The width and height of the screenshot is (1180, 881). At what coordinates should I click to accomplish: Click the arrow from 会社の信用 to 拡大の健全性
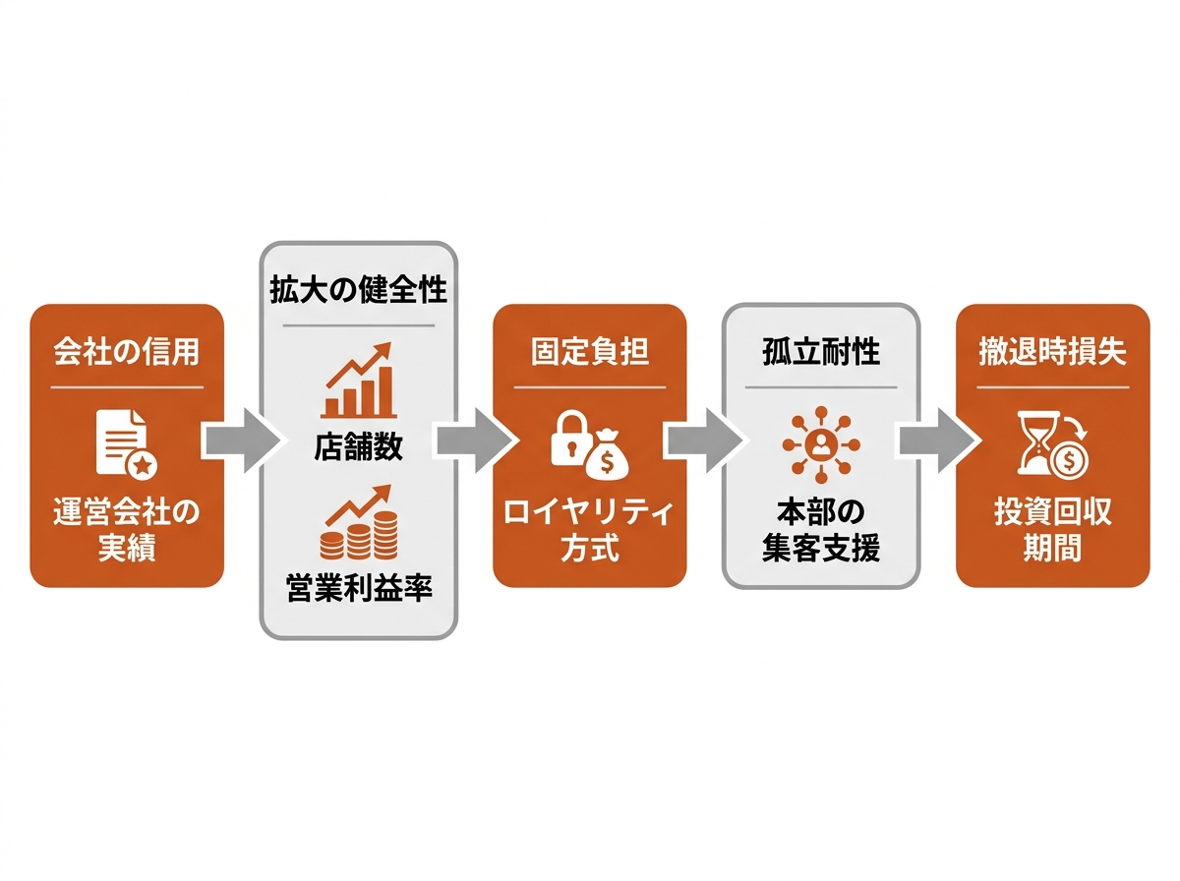tap(240, 440)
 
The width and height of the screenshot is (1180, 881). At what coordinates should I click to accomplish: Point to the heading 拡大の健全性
tap(358, 292)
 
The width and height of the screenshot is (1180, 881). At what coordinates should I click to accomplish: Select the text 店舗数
tap(358, 446)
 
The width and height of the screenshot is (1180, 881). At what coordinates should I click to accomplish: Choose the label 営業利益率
tap(358, 589)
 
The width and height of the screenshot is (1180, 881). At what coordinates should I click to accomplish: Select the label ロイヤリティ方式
tap(590, 530)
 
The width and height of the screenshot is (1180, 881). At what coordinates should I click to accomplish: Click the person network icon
tap(821, 442)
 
